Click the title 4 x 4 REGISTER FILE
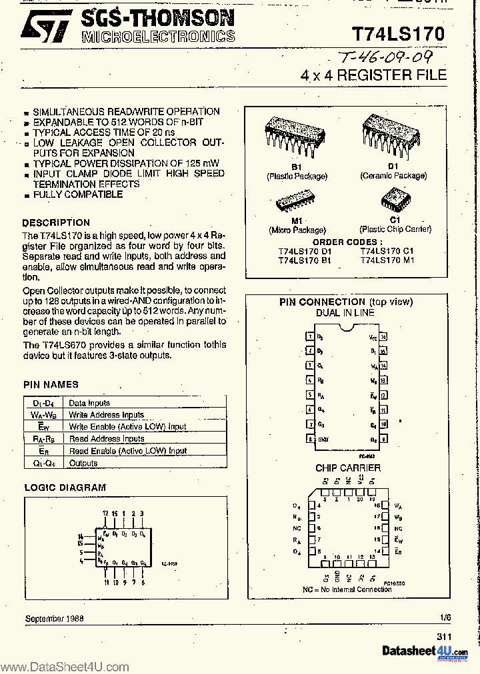tap(373, 75)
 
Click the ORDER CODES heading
tap(347, 242)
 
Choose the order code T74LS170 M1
tap(387, 260)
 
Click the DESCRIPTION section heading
tap(56, 222)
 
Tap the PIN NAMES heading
tap(51, 384)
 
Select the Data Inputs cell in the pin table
tap(89, 403)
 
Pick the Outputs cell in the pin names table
tap(83, 463)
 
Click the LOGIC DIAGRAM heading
tap(65, 488)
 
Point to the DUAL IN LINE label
tap(345, 312)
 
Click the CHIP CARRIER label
tap(348, 468)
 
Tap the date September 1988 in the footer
tap(55, 619)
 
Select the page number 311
tap(445, 636)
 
